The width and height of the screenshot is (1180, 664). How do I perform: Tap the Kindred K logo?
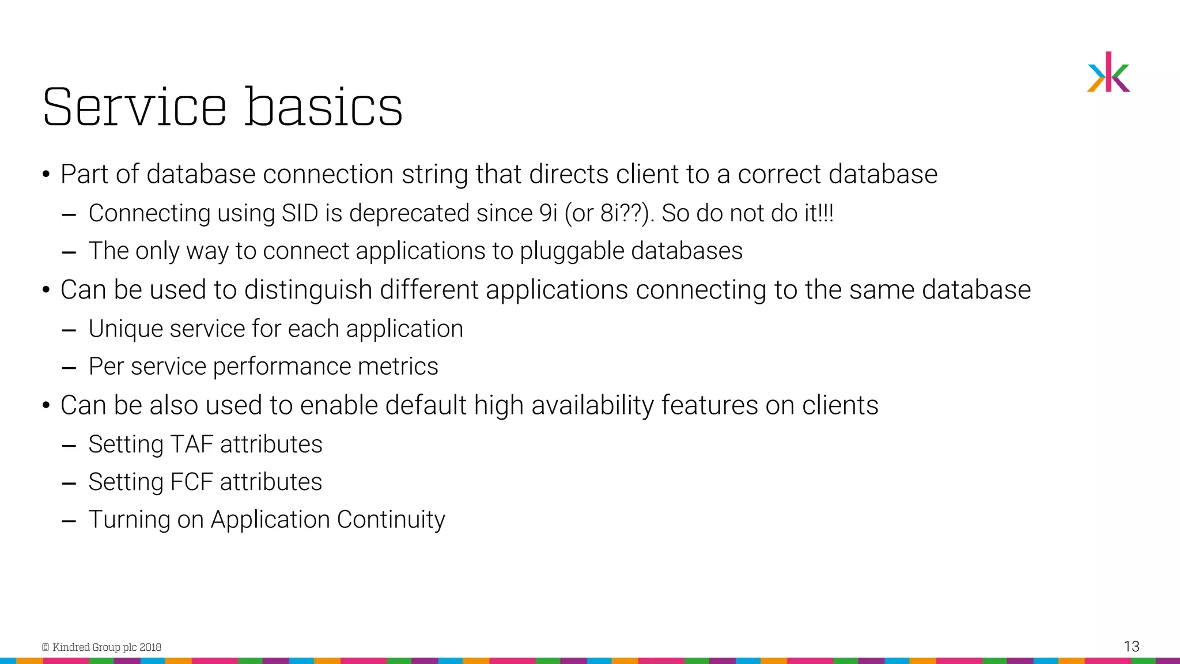coord(1109,73)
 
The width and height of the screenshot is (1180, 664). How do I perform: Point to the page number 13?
coord(1131,646)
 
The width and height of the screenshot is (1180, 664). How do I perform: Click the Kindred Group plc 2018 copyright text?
coord(102,647)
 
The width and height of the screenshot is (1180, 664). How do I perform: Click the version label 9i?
coord(548,213)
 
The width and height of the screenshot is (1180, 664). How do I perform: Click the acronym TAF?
coord(192,444)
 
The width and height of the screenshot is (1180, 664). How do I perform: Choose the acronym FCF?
coord(192,482)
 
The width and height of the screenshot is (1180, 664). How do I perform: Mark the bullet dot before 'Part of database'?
coord(46,175)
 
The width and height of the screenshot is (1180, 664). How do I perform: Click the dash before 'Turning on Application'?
coord(69,521)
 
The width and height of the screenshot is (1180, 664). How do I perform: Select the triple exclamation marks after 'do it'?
coord(827,213)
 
